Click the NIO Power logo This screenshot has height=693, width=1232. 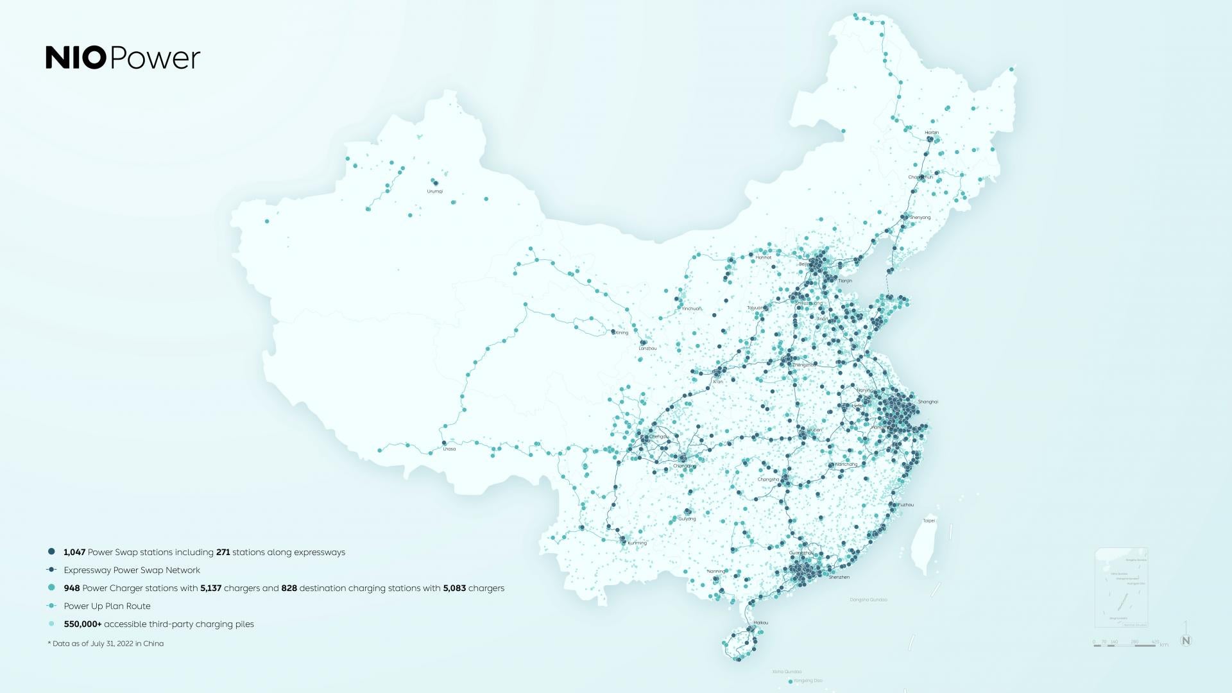(x=123, y=58)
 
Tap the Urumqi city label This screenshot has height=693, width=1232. (x=434, y=191)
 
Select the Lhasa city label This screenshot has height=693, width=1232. (x=449, y=449)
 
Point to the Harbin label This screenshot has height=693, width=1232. (x=932, y=133)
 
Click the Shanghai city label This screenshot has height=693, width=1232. (x=928, y=402)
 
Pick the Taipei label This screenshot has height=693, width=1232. (x=928, y=520)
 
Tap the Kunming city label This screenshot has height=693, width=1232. (x=637, y=543)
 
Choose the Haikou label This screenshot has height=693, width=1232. (x=760, y=622)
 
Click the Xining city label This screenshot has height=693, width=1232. (x=621, y=332)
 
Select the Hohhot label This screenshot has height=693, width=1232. (x=763, y=257)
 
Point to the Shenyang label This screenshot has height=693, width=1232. (x=920, y=218)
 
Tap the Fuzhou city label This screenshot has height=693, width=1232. (x=905, y=505)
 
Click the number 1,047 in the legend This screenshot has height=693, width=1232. (x=74, y=552)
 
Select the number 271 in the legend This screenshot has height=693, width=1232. (x=223, y=552)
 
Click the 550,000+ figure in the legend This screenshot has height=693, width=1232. (x=83, y=624)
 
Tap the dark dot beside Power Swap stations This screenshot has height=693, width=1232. (x=51, y=552)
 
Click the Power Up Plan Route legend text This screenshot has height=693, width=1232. (x=107, y=606)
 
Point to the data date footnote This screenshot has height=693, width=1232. (x=106, y=644)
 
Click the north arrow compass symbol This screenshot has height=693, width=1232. (x=1186, y=640)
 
